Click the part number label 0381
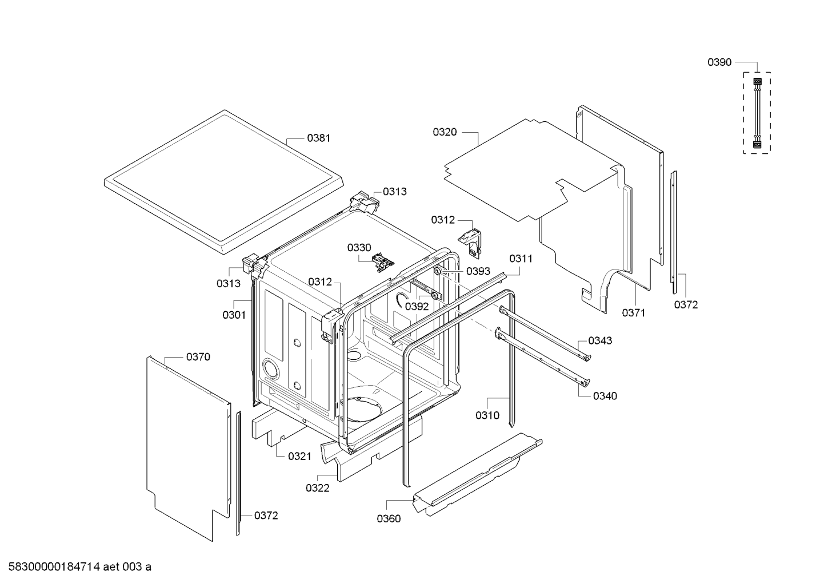coord(318,138)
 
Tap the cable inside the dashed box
coord(757,113)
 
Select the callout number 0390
coord(719,62)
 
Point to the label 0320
coord(445,132)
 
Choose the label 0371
coord(633,312)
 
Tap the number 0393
coord(478,271)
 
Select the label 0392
coord(417,306)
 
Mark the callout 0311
coord(521,259)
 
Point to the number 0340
coord(605,396)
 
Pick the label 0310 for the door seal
coord(487,415)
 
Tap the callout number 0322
coord(317,488)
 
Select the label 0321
coord(299,456)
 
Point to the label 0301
coord(234,315)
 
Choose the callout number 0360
coord(389,518)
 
